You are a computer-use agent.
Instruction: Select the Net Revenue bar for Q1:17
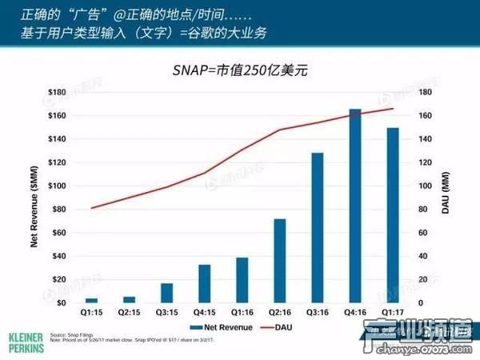click(392, 215)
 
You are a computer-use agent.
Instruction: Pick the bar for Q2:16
click(280, 261)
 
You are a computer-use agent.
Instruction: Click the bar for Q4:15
click(205, 284)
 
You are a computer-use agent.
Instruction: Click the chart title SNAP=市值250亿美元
click(240, 70)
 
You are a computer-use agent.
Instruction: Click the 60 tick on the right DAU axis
click(424, 233)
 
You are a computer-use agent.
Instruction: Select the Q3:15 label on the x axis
click(167, 314)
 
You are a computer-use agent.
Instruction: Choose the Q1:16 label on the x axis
click(242, 314)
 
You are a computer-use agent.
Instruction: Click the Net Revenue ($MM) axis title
click(35, 200)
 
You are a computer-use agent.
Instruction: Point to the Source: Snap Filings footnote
click(71, 335)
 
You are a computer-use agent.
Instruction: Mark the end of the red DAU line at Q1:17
click(393, 109)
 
